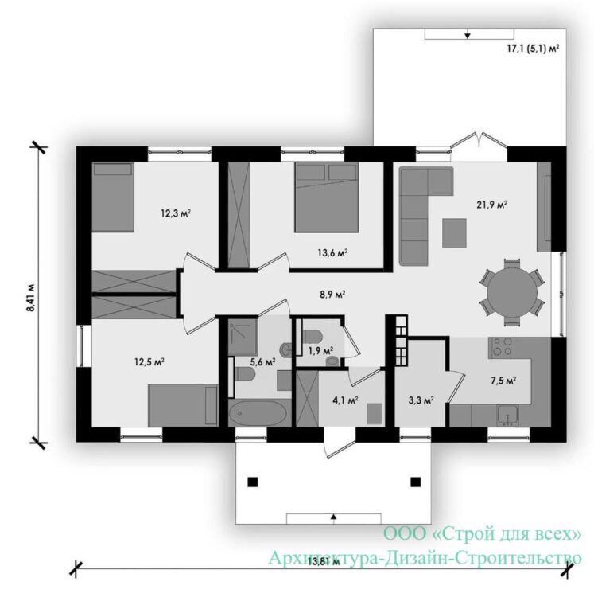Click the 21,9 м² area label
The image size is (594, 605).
tap(491, 205)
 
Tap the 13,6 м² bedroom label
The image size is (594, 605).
tap(332, 253)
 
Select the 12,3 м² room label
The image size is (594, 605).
tap(176, 213)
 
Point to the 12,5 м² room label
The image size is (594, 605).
tap(149, 362)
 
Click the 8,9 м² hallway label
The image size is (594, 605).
tap(332, 295)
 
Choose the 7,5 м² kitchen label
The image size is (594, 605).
tap(503, 381)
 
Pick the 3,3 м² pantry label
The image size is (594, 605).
tap(421, 400)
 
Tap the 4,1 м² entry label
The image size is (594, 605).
tap(345, 400)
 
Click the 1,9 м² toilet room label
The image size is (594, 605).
tap(320, 351)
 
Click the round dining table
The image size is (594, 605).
tap(512, 293)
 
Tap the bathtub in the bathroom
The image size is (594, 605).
tap(258, 414)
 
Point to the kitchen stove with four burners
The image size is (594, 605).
tap(501, 346)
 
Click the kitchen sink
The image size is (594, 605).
tap(507, 416)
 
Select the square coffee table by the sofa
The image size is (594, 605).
tap(454, 232)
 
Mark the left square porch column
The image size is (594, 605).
tap(253, 482)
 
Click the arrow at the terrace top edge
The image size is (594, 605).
tap(468, 36)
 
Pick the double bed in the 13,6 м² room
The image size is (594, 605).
tap(327, 197)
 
